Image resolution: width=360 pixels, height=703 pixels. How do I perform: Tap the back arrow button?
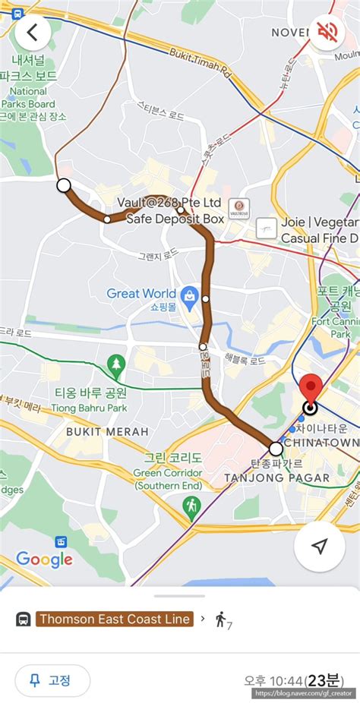pos(33,33)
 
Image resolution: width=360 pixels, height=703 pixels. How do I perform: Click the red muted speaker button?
pos(327,33)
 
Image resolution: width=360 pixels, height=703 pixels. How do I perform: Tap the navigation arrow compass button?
pos(319,546)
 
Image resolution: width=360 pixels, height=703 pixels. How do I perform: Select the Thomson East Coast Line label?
pos(115,619)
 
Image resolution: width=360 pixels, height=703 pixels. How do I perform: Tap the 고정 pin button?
pos(53,680)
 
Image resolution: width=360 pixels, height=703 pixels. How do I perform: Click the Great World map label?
pos(141,294)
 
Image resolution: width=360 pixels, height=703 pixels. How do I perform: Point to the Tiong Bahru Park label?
pos(90,399)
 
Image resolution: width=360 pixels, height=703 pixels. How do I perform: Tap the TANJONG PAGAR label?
pos(276,478)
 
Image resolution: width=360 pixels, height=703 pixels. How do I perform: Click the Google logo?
pos(44,560)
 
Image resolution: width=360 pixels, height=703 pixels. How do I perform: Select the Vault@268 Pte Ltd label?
pos(169,203)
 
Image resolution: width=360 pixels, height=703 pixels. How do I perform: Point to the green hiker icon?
pos(192,504)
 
